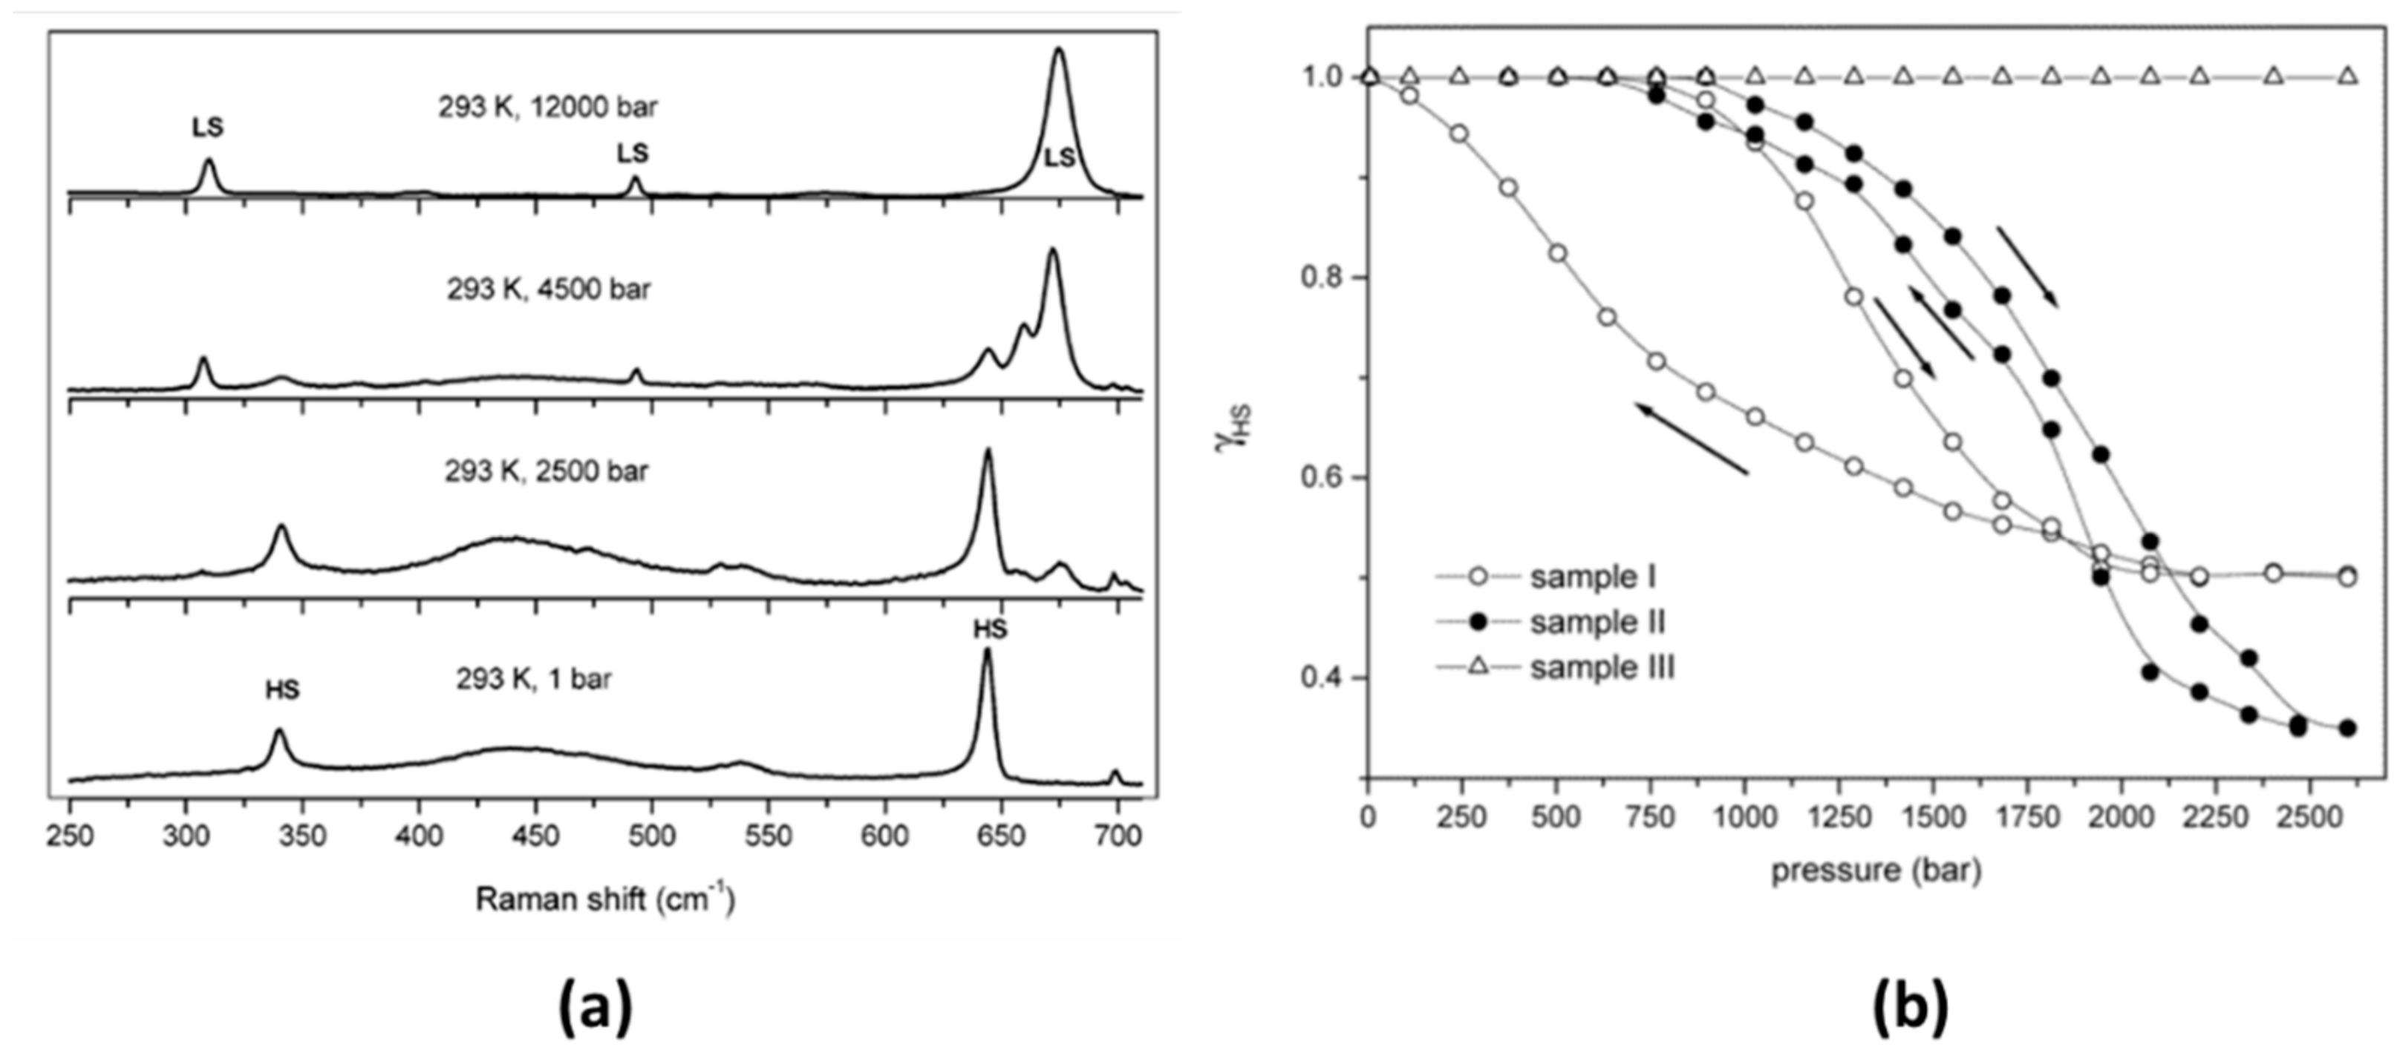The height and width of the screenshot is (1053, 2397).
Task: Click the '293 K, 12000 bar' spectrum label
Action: (548, 108)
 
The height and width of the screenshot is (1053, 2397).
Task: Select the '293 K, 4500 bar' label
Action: (548, 290)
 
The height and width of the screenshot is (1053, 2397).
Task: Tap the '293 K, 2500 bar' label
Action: (547, 472)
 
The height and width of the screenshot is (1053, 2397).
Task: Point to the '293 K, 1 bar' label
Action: (533, 679)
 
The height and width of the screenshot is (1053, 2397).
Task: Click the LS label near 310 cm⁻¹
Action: (209, 128)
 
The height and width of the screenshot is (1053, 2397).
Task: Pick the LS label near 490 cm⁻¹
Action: (633, 154)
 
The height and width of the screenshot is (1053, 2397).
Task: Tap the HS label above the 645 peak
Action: (990, 630)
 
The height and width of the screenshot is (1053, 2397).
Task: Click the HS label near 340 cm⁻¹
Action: (282, 689)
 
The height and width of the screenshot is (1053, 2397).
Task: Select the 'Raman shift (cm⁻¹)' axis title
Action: (605, 899)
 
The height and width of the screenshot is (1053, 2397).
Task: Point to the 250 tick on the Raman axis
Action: (70, 836)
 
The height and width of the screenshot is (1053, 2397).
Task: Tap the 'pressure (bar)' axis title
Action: (1876, 870)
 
